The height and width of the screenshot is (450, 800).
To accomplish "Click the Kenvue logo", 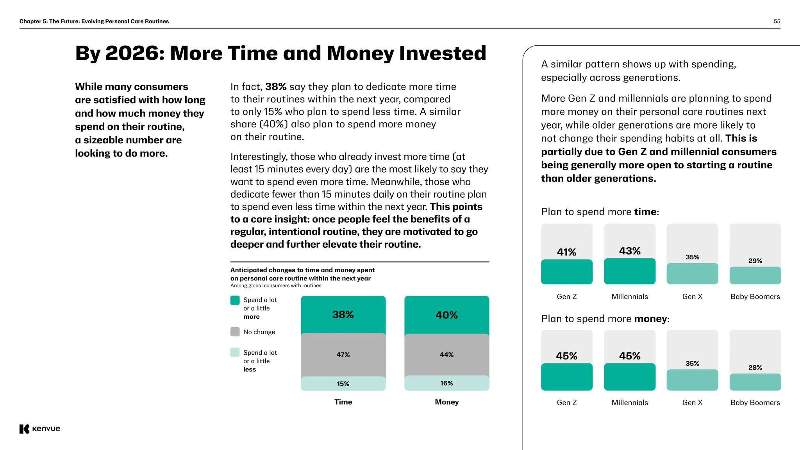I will pyautogui.click(x=40, y=429).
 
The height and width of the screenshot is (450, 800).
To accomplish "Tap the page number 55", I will pyautogui.click(x=777, y=21).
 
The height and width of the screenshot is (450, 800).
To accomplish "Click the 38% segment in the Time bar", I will pyautogui.click(x=343, y=314).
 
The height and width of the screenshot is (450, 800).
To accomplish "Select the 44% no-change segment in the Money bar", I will pyautogui.click(x=446, y=355).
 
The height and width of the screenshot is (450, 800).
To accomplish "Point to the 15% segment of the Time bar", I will pyautogui.click(x=343, y=384).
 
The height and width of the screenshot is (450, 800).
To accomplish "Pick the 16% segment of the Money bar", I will pyautogui.click(x=446, y=383).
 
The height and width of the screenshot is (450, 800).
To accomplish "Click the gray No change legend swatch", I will pyautogui.click(x=235, y=332).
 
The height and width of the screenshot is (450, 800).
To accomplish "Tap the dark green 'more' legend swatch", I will pyautogui.click(x=235, y=300).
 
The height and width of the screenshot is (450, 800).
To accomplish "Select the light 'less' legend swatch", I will pyautogui.click(x=235, y=352).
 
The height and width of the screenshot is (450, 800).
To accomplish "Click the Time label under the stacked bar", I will pyautogui.click(x=343, y=402).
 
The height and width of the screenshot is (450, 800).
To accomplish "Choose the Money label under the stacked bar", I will pyautogui.click(x=446, y=402).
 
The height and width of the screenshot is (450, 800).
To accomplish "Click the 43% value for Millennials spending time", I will pyautogui.click(x=630, y=251).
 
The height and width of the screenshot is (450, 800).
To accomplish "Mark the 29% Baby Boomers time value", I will pyautogui.click(x=755, y=261).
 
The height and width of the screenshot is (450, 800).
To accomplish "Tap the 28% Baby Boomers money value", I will pyautogui.click(x=755, y=368).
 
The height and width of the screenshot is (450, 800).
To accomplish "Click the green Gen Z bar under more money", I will pyautogui.click(x=566, y=377).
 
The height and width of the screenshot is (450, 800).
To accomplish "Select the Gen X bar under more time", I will pyautogui.click(x=692, y=273).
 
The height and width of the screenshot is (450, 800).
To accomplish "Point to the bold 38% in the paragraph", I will pyautogui.click(x=276, y=87).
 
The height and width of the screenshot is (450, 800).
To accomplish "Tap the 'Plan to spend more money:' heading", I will pyautogui.click(x=605, y=319).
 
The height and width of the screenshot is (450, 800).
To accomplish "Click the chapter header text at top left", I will pyautogui.click(x=94, y=21).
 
